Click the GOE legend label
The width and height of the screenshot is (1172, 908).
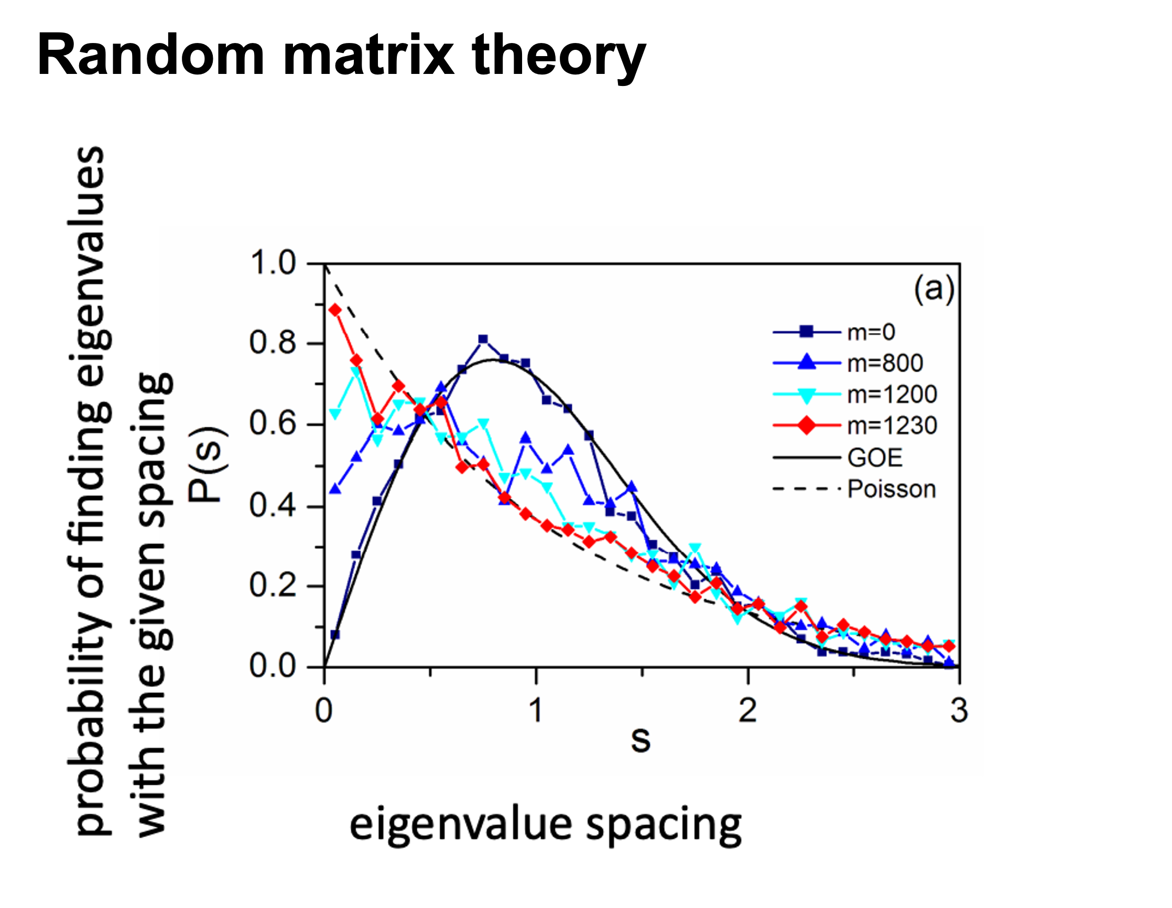point(875,458)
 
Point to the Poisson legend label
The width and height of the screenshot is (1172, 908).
point(892,490)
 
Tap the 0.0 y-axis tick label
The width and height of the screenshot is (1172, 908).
point(273,666)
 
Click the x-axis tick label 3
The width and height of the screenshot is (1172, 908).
point(959,710)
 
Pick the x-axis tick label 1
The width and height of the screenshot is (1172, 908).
point(536,710)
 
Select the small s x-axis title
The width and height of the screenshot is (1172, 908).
point(641,741)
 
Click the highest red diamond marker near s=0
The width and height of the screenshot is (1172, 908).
point(335,310)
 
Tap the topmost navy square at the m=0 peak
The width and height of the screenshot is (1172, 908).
point(483,339)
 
